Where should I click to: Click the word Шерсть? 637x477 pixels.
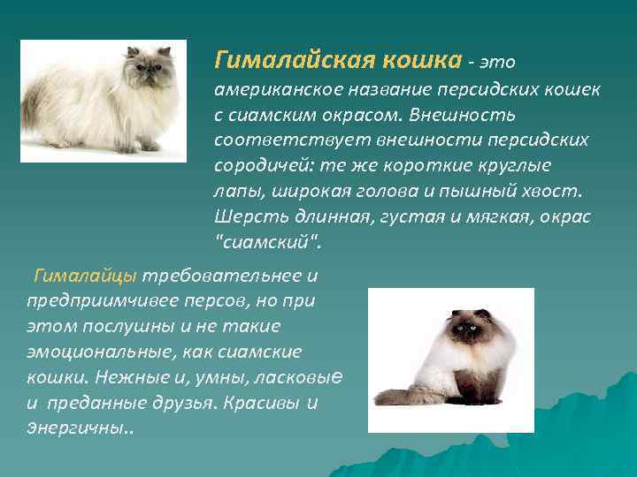[245, 215]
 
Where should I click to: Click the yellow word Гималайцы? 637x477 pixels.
[85, 276]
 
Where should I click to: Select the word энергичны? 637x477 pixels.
[75, 428]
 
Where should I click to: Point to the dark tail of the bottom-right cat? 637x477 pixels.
[395, 395]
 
